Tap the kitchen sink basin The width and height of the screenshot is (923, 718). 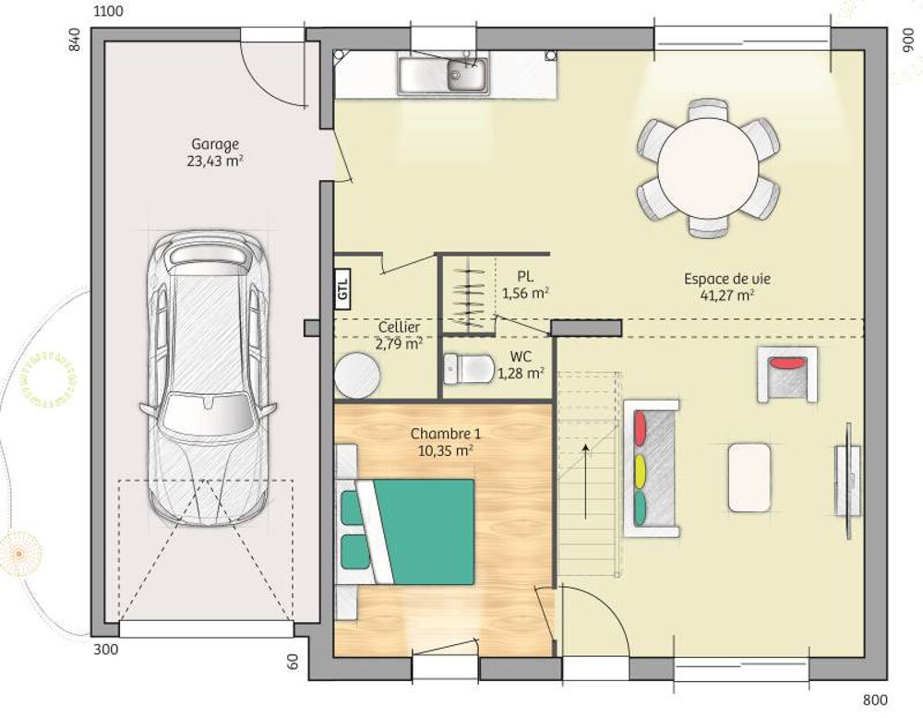(467, 75)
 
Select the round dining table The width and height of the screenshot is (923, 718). (708, 168)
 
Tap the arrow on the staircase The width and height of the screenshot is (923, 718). (585, 480)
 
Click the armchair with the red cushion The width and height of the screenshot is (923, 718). (786, 373)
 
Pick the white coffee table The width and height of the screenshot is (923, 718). (749, 477)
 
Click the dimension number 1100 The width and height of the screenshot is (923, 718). (108, 12)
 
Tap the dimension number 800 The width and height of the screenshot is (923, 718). (875, 700)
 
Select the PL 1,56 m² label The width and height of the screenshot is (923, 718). (525, 285)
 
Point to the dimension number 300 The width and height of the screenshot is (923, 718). (106, 650)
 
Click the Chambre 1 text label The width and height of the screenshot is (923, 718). (445, 433)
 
